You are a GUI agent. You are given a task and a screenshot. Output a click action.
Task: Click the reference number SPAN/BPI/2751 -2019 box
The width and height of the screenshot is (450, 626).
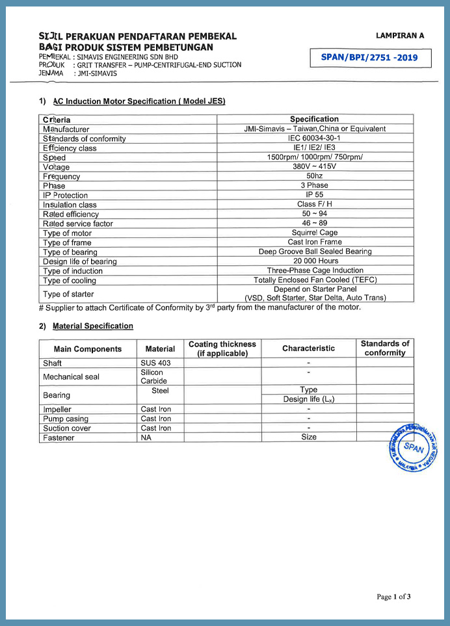tap(369, 58)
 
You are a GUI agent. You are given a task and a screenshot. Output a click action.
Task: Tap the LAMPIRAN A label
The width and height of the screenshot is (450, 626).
tap(399, 36)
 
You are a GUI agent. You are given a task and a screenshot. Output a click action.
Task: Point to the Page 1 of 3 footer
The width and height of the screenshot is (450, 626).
tap(393, 596)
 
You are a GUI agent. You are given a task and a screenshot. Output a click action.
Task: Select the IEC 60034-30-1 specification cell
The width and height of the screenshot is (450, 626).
tap(315, 138)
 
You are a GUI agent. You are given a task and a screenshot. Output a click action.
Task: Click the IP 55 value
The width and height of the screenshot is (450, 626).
tap(315, 195)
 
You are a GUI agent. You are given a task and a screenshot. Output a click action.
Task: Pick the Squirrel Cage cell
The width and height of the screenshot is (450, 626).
tap(315, 233)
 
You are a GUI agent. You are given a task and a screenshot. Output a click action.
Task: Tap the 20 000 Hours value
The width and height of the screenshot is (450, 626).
tap(315, 261)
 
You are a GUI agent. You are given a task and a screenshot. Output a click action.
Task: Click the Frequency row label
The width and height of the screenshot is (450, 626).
tap(61, 176)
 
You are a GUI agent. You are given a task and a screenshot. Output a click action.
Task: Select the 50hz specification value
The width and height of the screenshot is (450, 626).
tap(315, 176)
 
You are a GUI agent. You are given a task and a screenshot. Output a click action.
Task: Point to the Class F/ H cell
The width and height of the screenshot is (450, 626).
tap(315, 204)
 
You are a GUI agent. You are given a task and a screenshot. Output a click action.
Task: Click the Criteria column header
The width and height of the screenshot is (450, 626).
tap(57, 120)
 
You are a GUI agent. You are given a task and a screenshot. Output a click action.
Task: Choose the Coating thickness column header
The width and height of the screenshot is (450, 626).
tap(222, 348)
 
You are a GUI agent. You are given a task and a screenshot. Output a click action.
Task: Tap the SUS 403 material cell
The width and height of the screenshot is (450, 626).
tap(155, 363)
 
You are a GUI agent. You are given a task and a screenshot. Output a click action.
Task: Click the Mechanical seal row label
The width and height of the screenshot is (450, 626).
tap(71, 376)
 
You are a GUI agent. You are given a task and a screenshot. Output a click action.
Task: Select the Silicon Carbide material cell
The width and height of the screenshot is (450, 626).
tap(154, 376)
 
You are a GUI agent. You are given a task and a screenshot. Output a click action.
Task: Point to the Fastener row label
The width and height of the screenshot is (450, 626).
tap(59, 437)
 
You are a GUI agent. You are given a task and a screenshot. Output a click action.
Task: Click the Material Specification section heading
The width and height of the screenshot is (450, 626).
tap(92, 326)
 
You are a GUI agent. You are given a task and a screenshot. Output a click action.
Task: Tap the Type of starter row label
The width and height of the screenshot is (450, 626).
tap(68, 294)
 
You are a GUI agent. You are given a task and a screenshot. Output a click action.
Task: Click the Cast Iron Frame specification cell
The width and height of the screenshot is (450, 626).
tap(315, 242)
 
